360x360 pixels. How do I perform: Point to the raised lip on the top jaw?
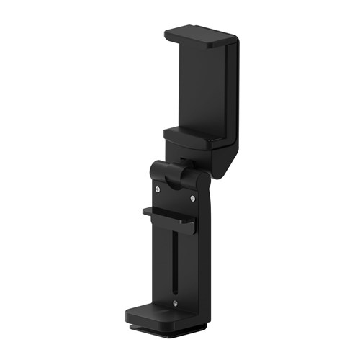tap(216, 42)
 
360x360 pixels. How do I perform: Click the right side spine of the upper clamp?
tap(233, 94)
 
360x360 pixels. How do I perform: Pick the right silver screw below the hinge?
tap(192, 198)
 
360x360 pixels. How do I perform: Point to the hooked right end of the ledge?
tap(191, 227)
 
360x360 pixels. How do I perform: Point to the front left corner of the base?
tap(130, 317)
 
